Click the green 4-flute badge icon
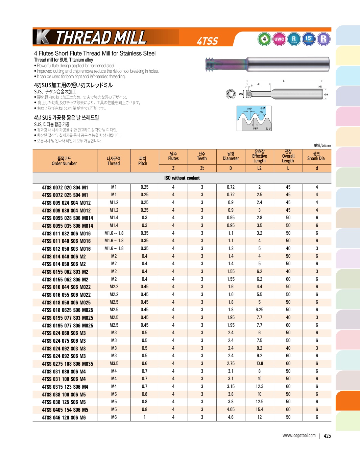(x=264, y=39)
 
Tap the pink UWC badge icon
(x=279, y=39)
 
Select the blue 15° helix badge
(x=309, y=39)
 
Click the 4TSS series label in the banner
(x=208, y=41)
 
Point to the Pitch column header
(x=143, y=161)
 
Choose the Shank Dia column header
(x=316, y=156)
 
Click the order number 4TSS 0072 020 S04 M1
(x=65, y=187)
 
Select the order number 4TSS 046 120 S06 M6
(x=64, y=418)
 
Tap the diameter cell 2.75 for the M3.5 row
(x=231, y=364)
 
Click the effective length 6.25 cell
(x=259, y=310)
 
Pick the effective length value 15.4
(x=259, y=410)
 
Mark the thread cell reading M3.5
(x=114, y=364)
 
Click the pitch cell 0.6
(x=144, y=364)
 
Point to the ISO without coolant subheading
(x=182, y=178)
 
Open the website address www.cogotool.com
(x=299, y=436)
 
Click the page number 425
(x=327, y=436)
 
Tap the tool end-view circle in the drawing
(x=231, y=94)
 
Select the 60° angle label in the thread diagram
(x=261, y=112)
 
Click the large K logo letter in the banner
(x=43, y=37)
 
